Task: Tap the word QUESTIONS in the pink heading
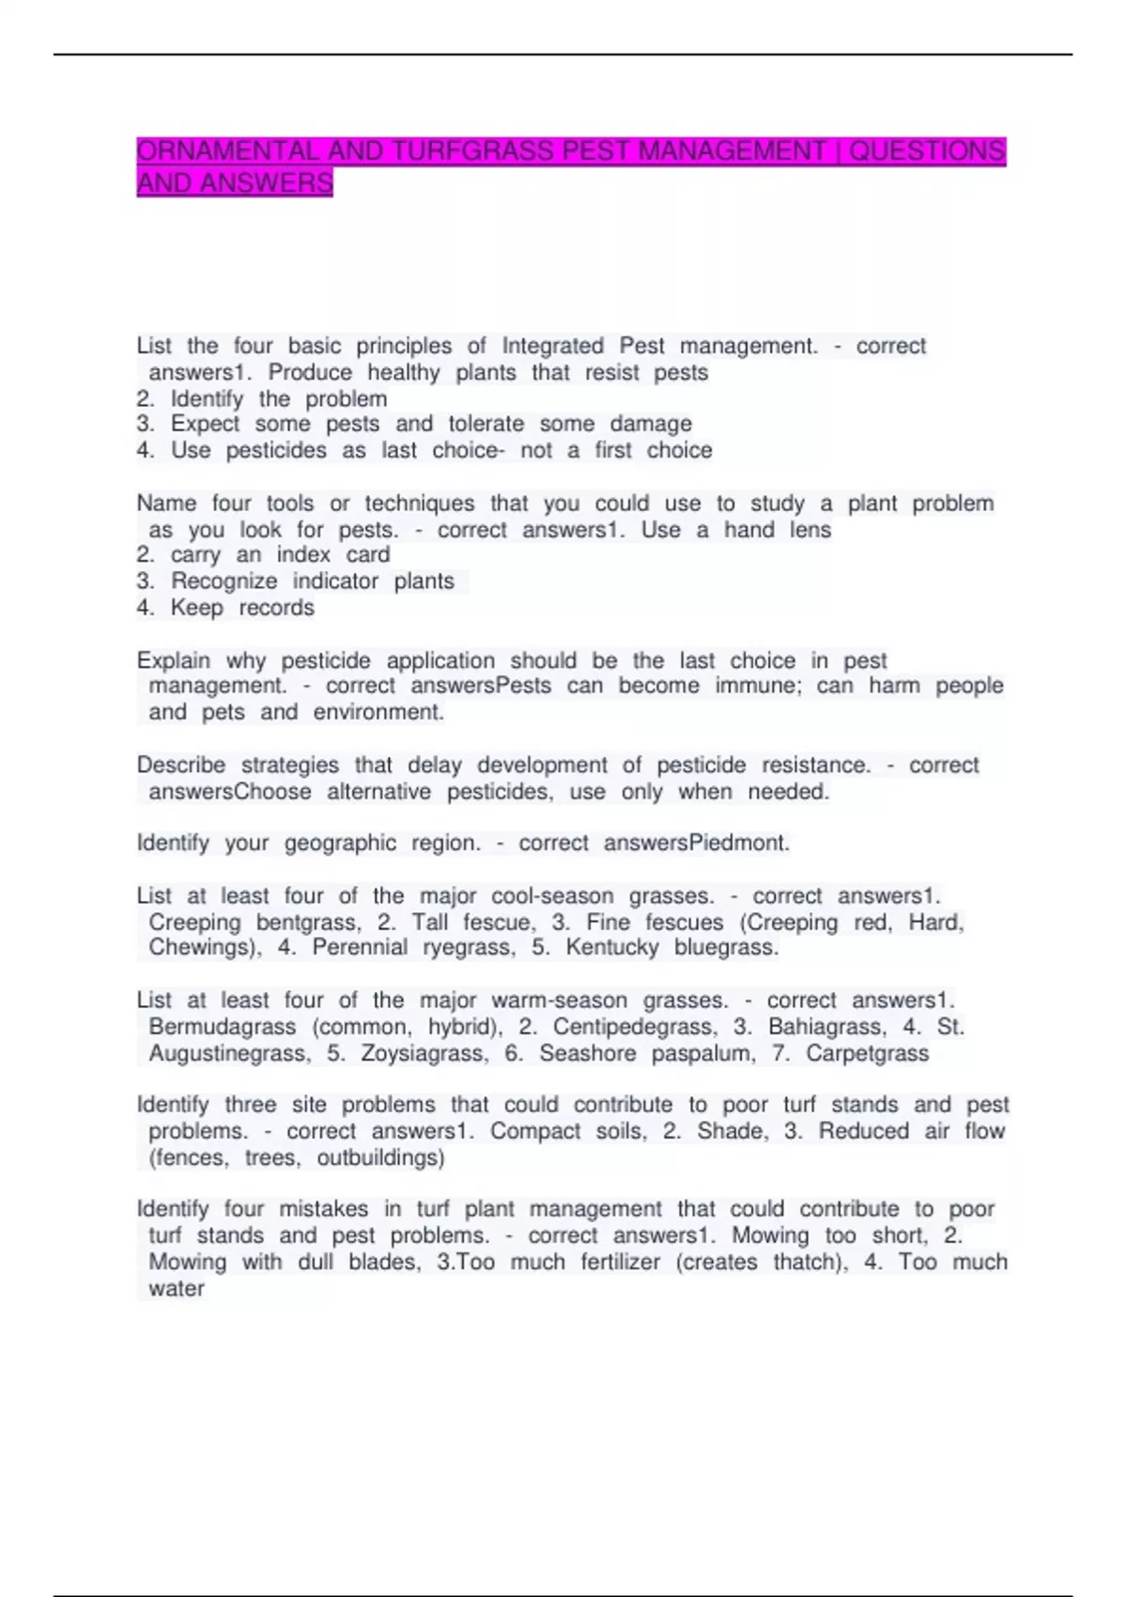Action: click(x=927, y=151)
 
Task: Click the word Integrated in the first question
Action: click(x=552, y=347)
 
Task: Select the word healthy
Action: click(x=403, y=373)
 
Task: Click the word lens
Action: click(x=810, y=530)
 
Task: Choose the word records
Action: click(x=276, y=609)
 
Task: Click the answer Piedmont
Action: click(x=739, y=844)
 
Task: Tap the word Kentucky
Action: click(x=612, y=948)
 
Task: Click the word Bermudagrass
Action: click(x=223, y=1027)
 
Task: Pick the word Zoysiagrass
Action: click(x=424, y=1054)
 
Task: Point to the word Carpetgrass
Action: click(x=867, y=1054)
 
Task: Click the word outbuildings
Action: click(x=379, y=1158)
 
